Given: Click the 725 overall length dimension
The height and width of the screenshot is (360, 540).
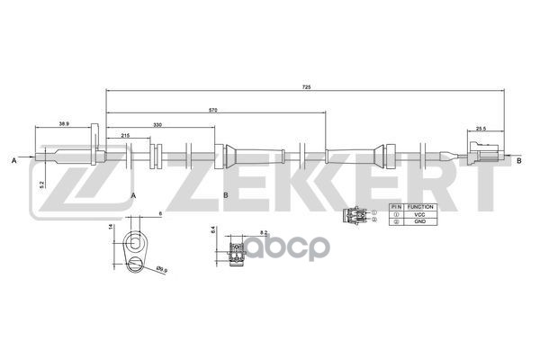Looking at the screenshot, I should click(306, 87).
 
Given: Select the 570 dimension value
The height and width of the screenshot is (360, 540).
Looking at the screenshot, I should click(212, 109).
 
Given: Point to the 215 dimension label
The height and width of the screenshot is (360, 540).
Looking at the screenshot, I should click(124, 135).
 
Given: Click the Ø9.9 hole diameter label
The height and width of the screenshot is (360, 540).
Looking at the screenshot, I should click(161, 269).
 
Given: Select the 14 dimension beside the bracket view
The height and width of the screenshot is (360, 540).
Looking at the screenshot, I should click(111, 229).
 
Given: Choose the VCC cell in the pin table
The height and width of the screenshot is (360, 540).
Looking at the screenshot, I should click(420, 214).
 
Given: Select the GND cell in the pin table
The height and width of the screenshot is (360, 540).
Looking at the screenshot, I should click(420, 221).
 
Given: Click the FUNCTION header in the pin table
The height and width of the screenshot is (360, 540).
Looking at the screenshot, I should click(420, 206).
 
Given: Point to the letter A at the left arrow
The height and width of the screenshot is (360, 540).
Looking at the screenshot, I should click(14, 160).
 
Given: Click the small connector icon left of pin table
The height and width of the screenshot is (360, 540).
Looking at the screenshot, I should click(355, 216).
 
